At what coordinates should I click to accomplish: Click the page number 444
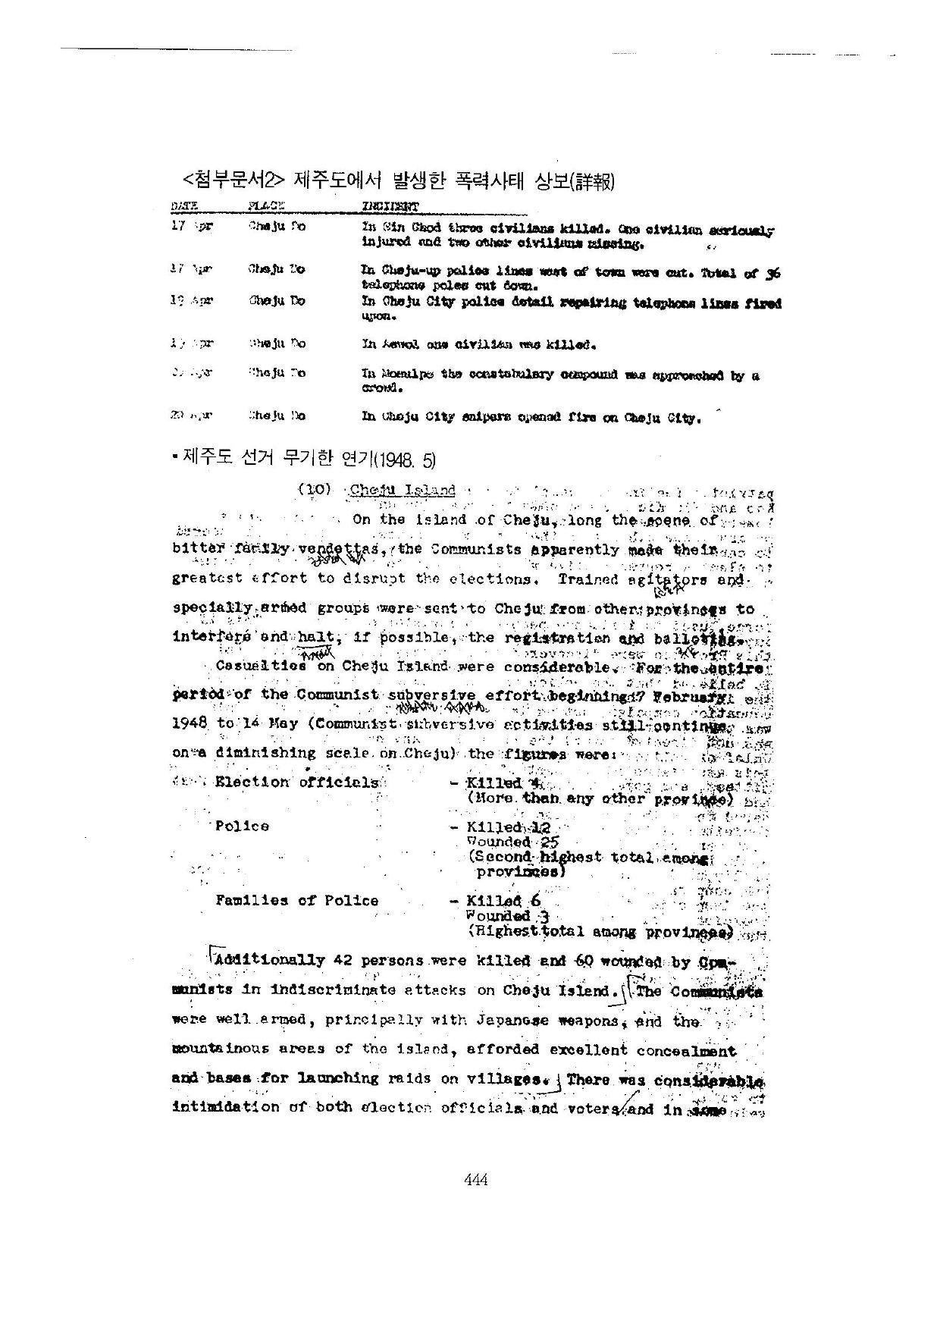click(x=475, y=1179)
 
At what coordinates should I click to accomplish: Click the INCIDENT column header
click(x=390, y=205)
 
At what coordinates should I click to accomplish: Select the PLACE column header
click(x=266, y=205)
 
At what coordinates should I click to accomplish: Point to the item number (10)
click(x=315, y=490)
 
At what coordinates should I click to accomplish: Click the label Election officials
click(x=296, y=782)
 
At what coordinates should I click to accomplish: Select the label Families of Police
click(x=296, y=900)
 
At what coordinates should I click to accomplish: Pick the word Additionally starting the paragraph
click(x=270, y=960)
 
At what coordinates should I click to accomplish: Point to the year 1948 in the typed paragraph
click(x=190, y=723)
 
